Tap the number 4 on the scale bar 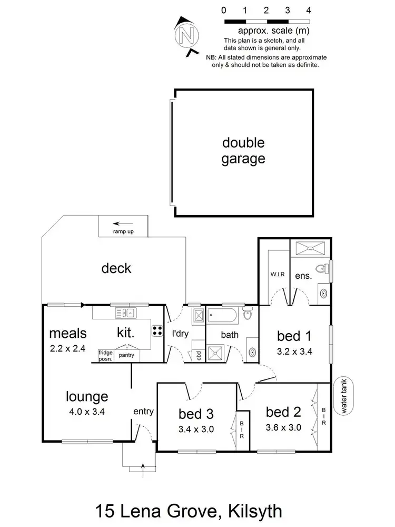(309, 10)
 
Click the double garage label (243, 151)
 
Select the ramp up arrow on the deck (124, 223)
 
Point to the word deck (116, 268)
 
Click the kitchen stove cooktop (157, 331)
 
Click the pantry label (126, 355)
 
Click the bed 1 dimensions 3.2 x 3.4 (295, 352)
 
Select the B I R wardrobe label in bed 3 (242, 430)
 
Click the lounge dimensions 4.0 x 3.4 (86, 412)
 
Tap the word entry (143, 412)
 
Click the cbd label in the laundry (199, 355)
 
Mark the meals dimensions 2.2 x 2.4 (67, 347)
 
